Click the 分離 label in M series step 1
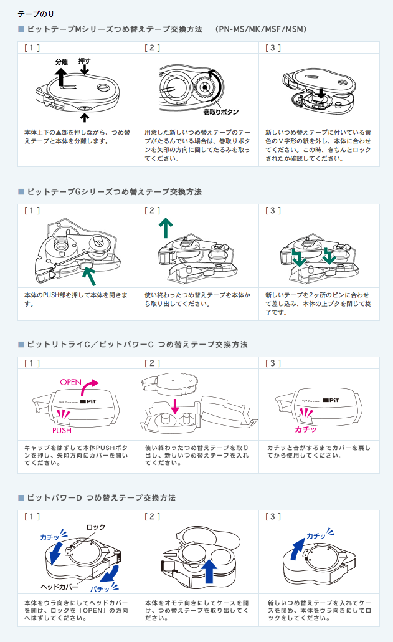click(x=61, y=63)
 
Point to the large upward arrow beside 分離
click(x=62, y=77)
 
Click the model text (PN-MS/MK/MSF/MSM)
click(x=262, y=29)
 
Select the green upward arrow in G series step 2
click(x=165, y=228)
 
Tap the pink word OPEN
click(x=71, y=381)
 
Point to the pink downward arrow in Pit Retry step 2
click(x=176, y=406)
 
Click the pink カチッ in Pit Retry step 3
click(x=306, y=429)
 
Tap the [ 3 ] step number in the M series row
click(x=273, y=47)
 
